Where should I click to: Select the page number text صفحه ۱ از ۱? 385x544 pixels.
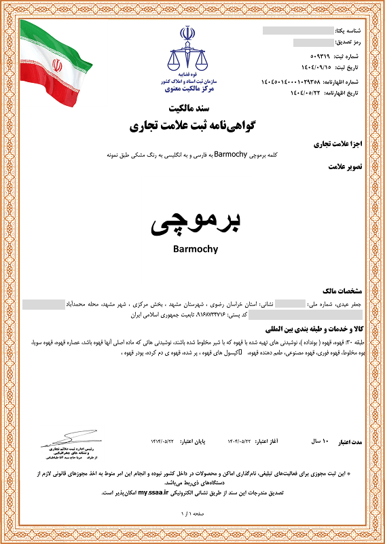click(x=192, y=516)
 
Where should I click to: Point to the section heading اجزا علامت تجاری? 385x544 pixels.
click(x=348, y=144)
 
